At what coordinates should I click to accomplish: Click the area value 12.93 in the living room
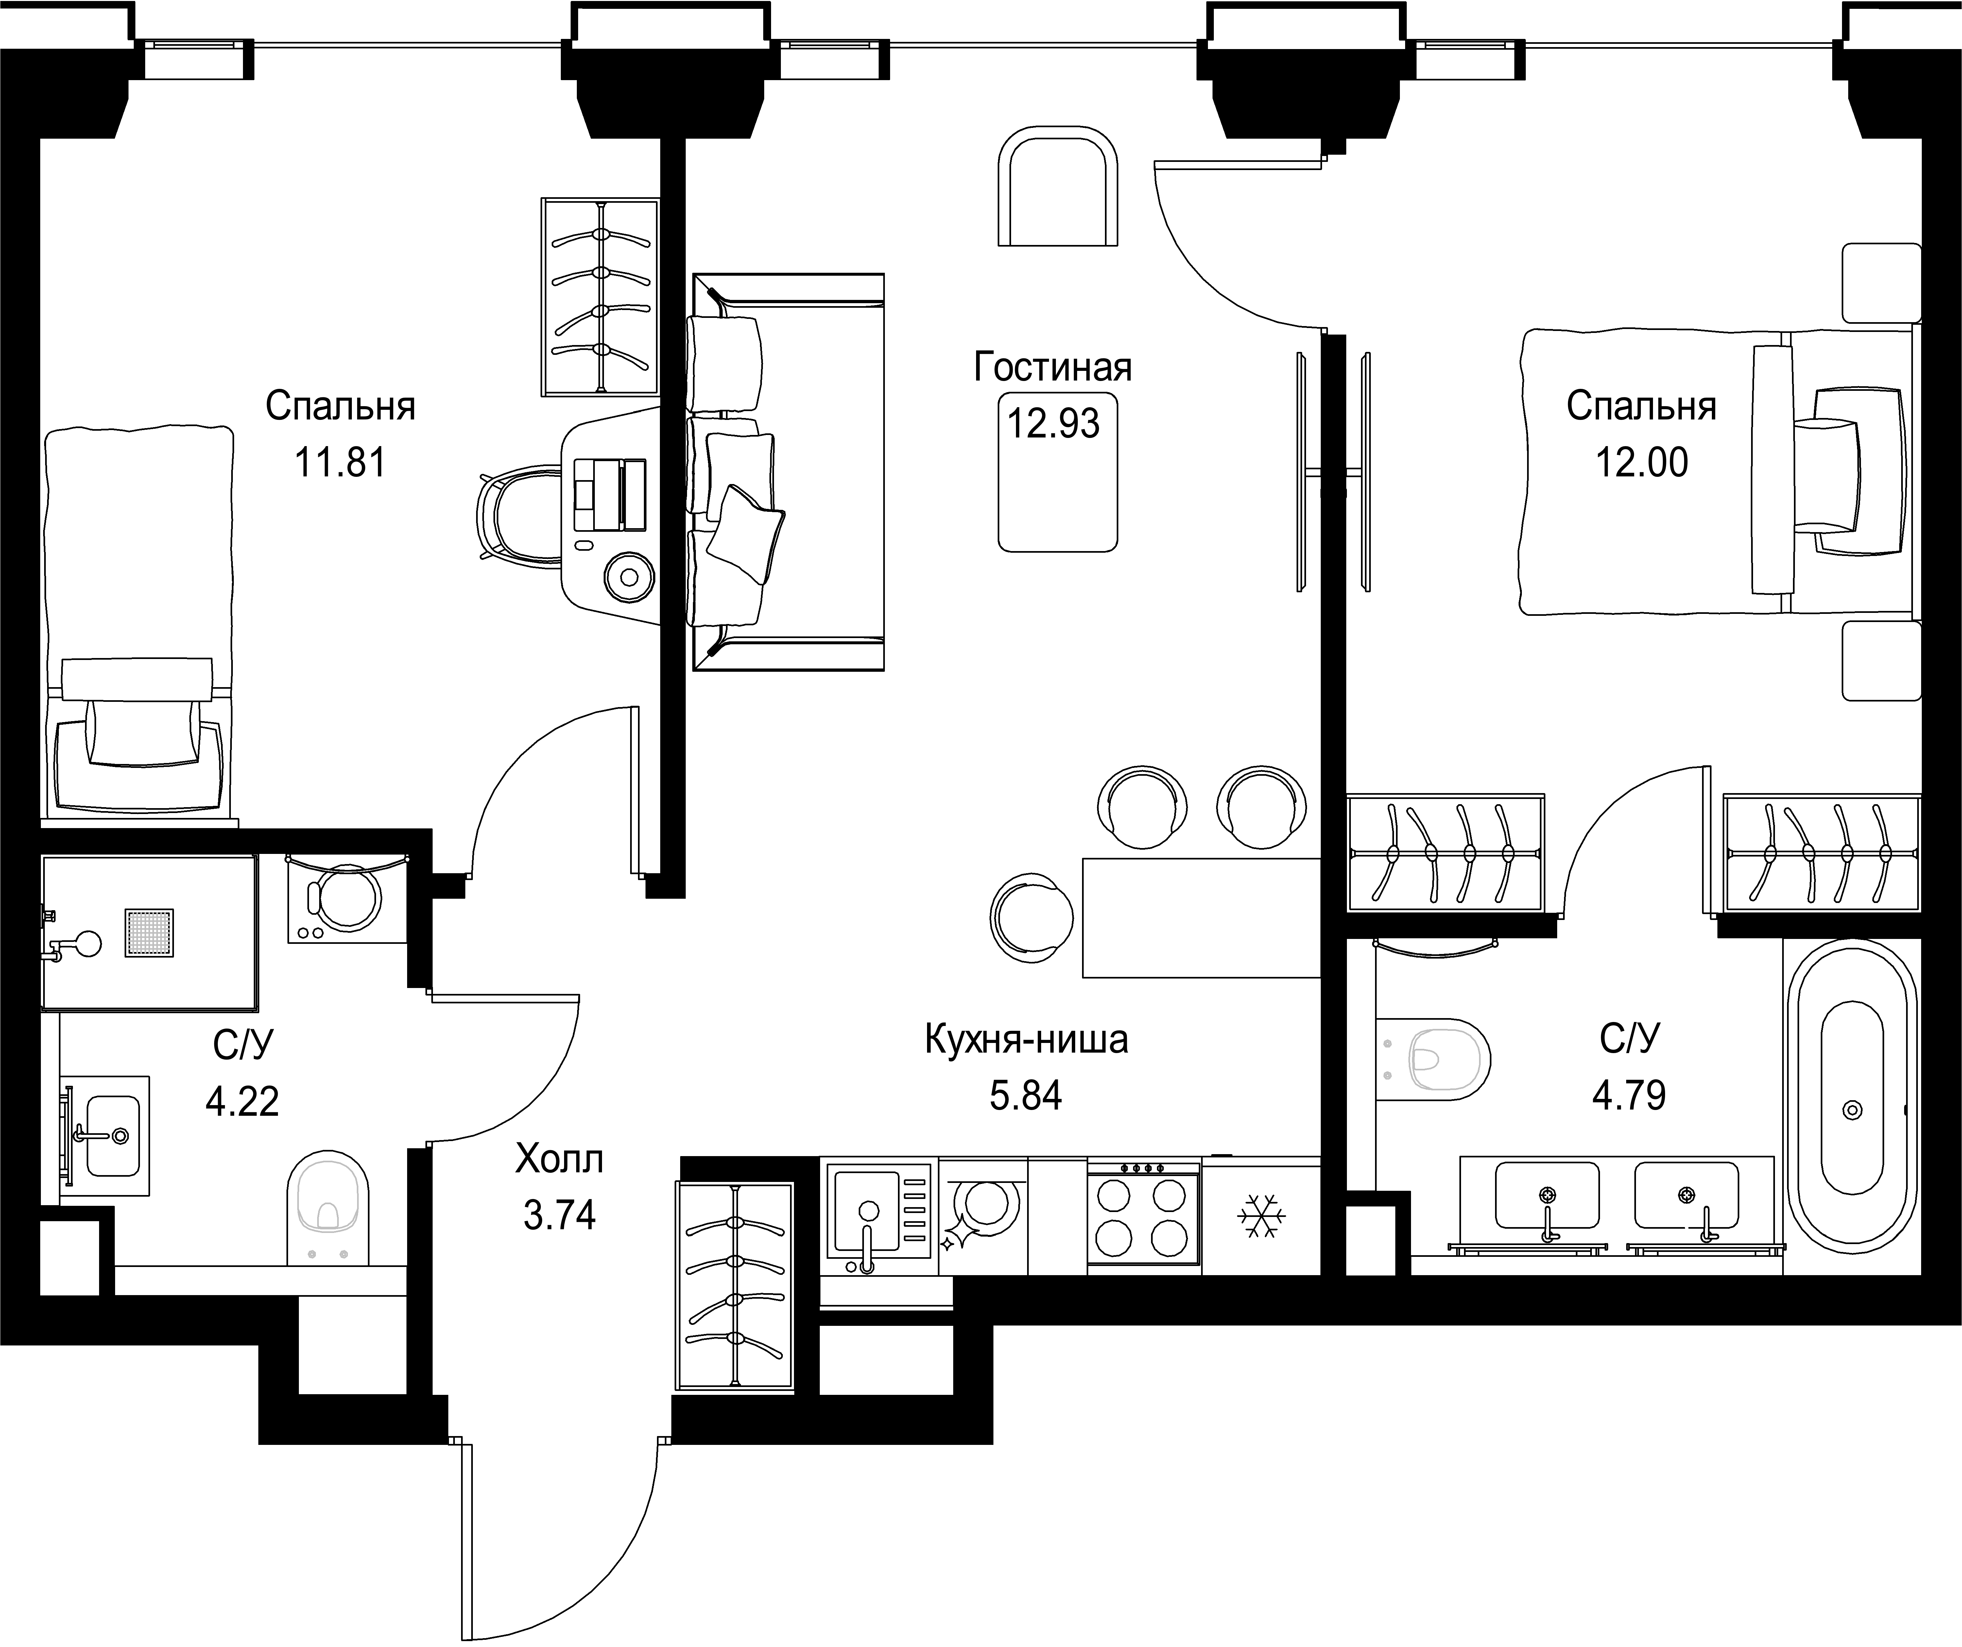coord(1053,423)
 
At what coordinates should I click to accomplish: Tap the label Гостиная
coord(1053,367)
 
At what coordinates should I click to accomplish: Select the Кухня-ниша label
coord(1026,1039)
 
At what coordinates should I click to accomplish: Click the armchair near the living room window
coord(1058,187)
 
